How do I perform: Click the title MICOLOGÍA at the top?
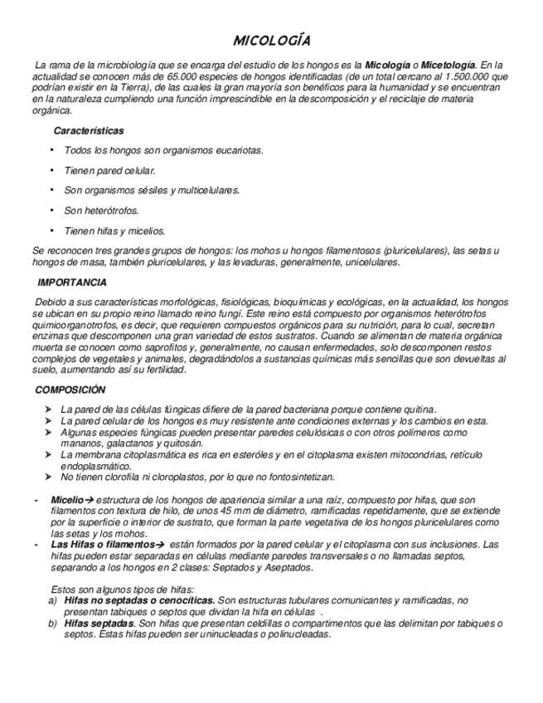[x=271, y=41]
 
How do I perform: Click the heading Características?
[x=89, y=131]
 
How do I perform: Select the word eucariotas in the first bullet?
[x=238, y=150]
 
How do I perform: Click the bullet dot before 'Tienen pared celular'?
[x=52, y=170]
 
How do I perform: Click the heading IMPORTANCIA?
[x=72, y=283]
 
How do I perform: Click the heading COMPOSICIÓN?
[x=70, y=390]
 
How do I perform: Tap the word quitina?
[x=418, y=410]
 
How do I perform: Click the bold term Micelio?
[x=67, y=500]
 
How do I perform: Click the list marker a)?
[x=53, y=600]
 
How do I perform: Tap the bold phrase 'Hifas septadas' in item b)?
[x=99, y=623]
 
